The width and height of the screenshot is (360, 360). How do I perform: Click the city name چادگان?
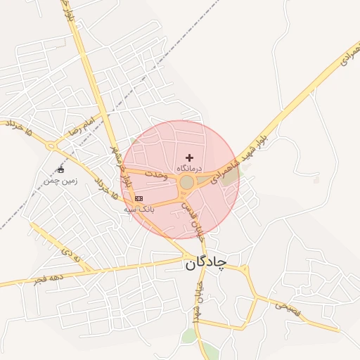coord(206,263)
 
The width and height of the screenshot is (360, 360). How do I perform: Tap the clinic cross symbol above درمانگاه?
coord(189,157)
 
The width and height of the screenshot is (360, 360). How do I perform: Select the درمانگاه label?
coord(189,169)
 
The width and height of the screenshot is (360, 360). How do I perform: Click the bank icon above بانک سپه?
coord(138,198)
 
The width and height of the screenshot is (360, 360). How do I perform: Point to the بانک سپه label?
coord(138,209)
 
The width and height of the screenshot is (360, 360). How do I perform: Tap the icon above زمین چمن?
coord(60,170)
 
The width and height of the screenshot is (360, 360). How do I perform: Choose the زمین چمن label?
coord(60,181)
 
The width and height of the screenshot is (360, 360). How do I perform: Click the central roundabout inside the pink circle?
coord(187,183)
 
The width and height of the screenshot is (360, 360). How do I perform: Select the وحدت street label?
coord(156,174)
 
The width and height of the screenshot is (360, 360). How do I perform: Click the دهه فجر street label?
coord(48,279)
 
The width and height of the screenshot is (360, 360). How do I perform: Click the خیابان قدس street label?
coord(190,213)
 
